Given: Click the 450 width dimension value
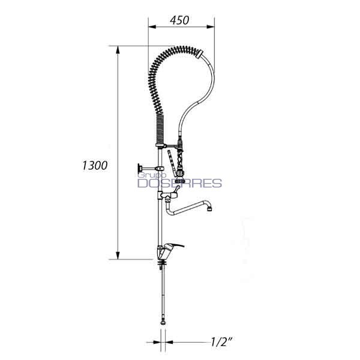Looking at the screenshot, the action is click(179, 20).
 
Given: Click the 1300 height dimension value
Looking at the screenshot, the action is click(95, 166).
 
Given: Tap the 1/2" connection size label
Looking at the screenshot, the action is click(220, 342).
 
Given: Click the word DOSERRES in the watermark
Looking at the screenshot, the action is click(179, 183).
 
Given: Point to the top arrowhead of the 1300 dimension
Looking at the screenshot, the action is click(118, 50).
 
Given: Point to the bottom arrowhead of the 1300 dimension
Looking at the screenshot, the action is click(118, 256).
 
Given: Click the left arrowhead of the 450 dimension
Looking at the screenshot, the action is click(152, 26).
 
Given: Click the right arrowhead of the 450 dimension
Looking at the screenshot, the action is click(211, 26).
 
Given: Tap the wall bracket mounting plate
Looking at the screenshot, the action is click(139, 168).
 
